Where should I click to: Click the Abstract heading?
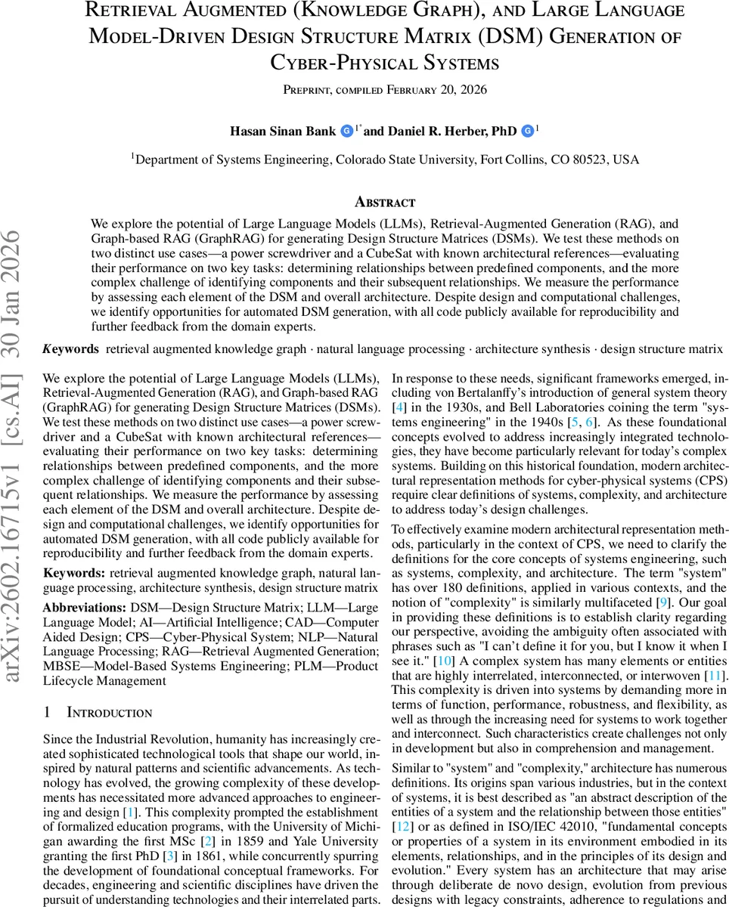pyautogui.click(x=386, y=202)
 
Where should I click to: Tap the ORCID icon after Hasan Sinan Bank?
pyautogui.click(x=346, y=131)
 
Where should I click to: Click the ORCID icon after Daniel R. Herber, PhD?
pyautogui.click(x=527, y=131)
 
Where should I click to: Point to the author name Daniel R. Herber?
pyautogui.click(x=452, y=131)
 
